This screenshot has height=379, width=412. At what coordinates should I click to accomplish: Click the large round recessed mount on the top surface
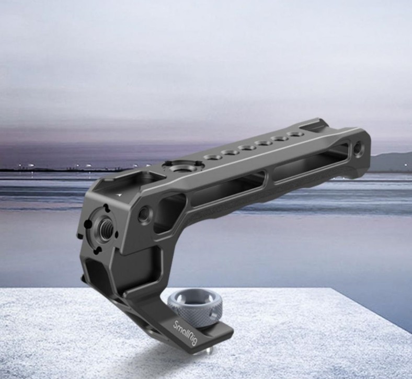(184, 168)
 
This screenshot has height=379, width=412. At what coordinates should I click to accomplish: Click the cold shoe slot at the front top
(121, 184)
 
